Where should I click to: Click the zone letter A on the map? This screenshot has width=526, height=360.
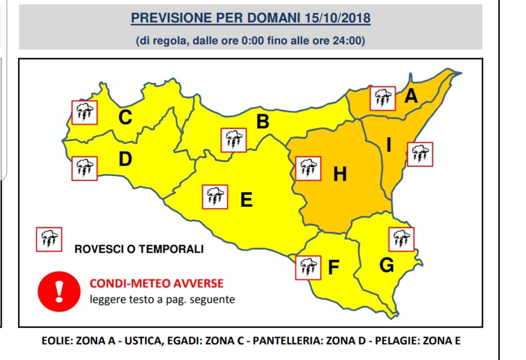click(411, 95)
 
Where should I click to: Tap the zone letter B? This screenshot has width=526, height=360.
click(262, 122)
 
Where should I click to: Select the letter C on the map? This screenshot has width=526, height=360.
click(125, 117)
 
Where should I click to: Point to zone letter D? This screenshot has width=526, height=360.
click(125, 159)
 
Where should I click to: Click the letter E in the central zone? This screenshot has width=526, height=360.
click(246, 200)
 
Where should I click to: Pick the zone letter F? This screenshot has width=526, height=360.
click(334, 267)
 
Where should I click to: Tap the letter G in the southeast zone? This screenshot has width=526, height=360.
click(386, 265)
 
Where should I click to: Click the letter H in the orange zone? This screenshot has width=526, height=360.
click(340, 175)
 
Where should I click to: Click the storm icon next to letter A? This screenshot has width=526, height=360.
click(383, 99)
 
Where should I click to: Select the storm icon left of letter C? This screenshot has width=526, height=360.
click(84, 113)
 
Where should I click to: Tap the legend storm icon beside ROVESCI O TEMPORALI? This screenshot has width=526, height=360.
click(49, 239)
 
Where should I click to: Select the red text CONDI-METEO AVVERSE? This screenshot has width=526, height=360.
click(156, 284)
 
